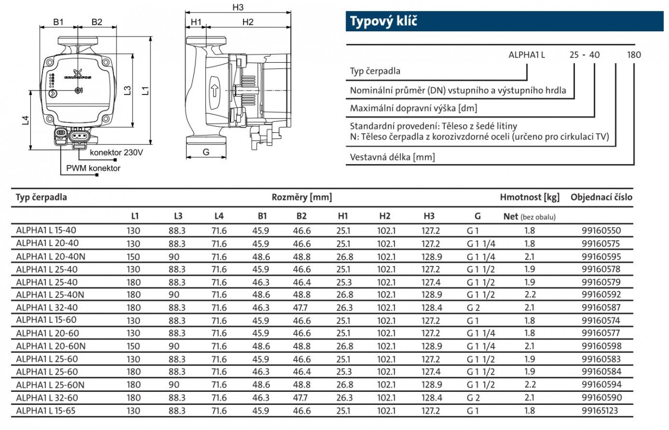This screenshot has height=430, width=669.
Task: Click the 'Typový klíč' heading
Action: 384,22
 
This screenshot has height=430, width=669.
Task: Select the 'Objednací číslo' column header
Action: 601,197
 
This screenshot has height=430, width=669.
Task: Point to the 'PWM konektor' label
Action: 93,168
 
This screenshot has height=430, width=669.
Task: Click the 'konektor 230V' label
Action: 116,153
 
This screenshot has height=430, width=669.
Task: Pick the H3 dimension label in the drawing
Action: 238,7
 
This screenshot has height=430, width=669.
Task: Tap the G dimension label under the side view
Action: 206,152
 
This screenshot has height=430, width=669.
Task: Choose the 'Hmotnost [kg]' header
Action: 529,197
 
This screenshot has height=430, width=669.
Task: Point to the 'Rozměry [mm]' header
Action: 302,197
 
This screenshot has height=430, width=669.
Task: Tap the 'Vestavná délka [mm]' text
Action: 392,157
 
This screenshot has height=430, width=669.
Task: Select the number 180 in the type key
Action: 633,54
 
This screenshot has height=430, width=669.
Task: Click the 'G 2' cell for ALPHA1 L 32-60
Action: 473,398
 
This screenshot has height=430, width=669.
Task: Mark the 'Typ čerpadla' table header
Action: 41,197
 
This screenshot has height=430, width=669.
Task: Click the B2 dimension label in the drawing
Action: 97,22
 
